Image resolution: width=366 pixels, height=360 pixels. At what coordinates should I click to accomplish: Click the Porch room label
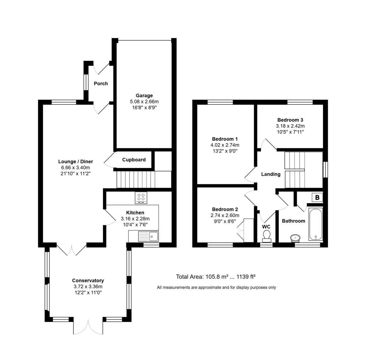click(x=101, y=84)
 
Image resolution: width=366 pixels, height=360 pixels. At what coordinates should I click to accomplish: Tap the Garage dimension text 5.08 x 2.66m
click(x=144, y=102)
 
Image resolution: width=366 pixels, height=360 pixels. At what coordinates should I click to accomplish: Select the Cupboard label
click(x=134, y=160)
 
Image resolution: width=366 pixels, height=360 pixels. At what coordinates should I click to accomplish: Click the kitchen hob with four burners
click(x=141, y=198)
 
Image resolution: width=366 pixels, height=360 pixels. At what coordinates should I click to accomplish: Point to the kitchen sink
click(x=149, y=236)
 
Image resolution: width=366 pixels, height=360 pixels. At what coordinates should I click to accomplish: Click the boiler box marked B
click(x=317, y=197)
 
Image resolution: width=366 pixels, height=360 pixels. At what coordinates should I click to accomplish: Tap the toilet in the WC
click(x=267, y=236)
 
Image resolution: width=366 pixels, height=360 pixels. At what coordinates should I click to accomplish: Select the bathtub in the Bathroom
click(x=315, y=224)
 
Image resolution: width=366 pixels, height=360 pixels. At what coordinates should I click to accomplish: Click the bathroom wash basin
click(x=295, y=238)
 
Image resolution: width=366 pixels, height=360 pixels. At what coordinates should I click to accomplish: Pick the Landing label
click(x=271, y=174)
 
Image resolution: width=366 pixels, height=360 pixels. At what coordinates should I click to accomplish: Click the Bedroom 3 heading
click(x=290, y=120)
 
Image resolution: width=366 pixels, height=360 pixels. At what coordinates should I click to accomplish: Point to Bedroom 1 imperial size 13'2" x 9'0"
click(x=225, y=151)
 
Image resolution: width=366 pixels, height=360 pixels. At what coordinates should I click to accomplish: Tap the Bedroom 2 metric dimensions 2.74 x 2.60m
click(x=225, y=215)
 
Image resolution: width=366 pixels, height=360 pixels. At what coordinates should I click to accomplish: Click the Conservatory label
click(x=88, y=281)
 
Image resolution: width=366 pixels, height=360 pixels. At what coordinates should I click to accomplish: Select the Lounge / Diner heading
click(x=76, y=162)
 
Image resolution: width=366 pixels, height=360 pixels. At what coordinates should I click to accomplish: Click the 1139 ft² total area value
click(x=246, y=277)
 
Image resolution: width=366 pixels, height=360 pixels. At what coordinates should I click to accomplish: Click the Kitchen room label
click(x=135, y=213)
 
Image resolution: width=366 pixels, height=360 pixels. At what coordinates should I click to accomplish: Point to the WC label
click(x=266, y=227)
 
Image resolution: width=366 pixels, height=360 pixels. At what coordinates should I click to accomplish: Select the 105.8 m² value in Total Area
click(x=217, y=277)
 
